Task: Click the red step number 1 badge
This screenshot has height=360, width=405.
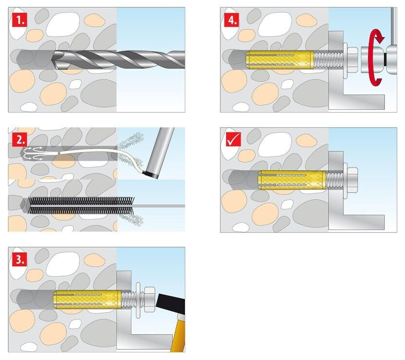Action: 19,20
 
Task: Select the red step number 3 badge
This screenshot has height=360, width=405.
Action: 19,259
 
